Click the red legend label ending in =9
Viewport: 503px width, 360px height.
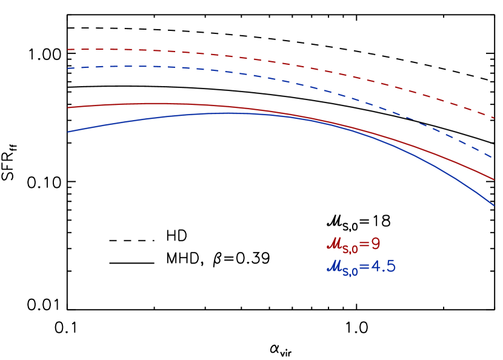354,245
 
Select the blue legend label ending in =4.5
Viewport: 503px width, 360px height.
361,267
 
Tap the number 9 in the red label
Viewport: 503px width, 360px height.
376,244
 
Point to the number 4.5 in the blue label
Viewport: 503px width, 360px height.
384,266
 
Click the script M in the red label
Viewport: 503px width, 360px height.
334,244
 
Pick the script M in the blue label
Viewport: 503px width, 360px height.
334,267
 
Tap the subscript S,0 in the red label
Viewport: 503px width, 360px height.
350,249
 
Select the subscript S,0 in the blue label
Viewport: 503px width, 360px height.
350,272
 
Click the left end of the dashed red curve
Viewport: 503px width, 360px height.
68,49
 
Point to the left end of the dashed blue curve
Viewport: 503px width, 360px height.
68,68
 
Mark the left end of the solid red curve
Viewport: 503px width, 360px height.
68,108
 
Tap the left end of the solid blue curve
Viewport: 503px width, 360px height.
68,132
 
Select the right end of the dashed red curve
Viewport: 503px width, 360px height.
494,118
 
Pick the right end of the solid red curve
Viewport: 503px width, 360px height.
494,179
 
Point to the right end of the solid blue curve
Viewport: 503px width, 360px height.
494,205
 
